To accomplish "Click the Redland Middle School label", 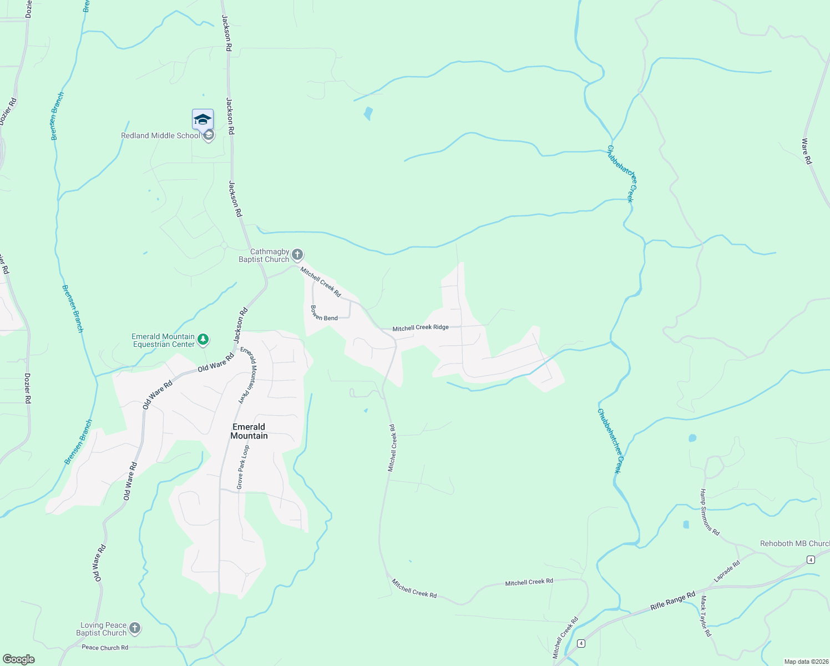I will click(160, 135).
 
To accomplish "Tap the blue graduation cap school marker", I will click(203, 119).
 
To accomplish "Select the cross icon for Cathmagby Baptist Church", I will click(297, 255).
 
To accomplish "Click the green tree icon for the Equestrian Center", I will click(204, 339).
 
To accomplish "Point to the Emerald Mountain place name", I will click(249, 431).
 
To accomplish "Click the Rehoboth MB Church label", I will click(794, 543).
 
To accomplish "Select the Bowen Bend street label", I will click(324, 313).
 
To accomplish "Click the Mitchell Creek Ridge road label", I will click(421, 327).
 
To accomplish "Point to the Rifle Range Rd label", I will click(672, 602).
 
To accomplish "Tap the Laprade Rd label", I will click(727, 571).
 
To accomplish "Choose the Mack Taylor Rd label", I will click(705, 616).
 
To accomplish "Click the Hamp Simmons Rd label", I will click(710, 512).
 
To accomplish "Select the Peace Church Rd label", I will click(105, 647).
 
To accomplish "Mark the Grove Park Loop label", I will click(242, 467).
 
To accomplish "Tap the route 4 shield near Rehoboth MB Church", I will click(811, 559).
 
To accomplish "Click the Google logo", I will click(19, 659).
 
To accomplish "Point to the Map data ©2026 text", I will click(805, 662).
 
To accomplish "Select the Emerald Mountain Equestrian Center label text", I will click(163, 340).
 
